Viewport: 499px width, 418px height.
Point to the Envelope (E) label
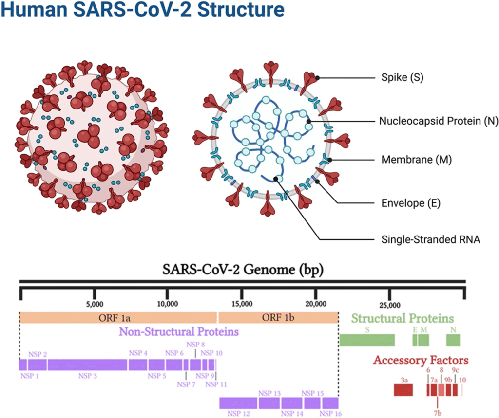pyautogui.click(x=404, y=203)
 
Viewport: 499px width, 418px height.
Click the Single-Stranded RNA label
pyautogui.click(x=424, y=239)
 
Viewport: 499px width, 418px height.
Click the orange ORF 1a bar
pyautogui.click(x=118, y=318)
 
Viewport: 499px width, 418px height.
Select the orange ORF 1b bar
pyautogui.click(x=278, y=318)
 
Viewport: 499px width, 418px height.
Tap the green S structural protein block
pyautogui.click(x=367, y=340)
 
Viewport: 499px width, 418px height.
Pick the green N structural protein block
pyautogui.click(x=454, y=340)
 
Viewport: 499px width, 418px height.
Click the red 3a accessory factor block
pyautogui.click(x=403, y=390)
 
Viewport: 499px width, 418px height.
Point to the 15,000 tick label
pyautogui.click(x=242, y=305)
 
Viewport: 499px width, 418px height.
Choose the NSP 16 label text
pyautogui.click(x=331, y=413)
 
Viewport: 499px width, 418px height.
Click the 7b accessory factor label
pyautogui.click(x=438, y=413)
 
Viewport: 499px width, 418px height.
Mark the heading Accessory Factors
pyautogui.click(x=421, y=361)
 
